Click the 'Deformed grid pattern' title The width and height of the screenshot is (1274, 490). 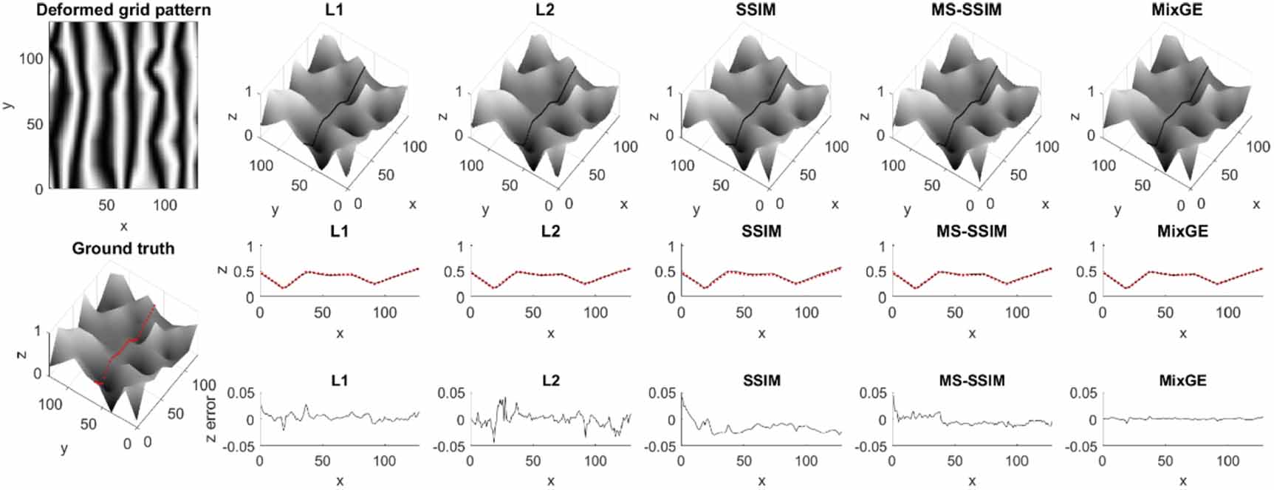coord(123,10)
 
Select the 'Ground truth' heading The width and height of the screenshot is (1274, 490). coord(123,248)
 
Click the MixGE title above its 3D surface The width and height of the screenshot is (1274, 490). coord(1182,10)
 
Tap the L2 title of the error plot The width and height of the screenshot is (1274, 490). coord(550,381)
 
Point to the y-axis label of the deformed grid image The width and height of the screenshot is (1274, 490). coord(8,105)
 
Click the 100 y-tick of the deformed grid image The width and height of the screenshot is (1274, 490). coord(30,58)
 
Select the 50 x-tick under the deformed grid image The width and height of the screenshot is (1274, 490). coord(106,205)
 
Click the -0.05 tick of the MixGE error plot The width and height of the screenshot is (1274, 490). coord(1083,446)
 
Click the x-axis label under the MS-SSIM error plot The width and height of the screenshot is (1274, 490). coord(972,481)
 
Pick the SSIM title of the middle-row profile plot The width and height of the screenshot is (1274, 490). coord(761,231)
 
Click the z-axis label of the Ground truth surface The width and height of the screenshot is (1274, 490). coord(21,354)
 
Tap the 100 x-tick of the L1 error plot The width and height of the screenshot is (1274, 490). coord(384,462)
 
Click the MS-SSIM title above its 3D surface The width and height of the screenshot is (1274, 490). coord(972,10)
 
